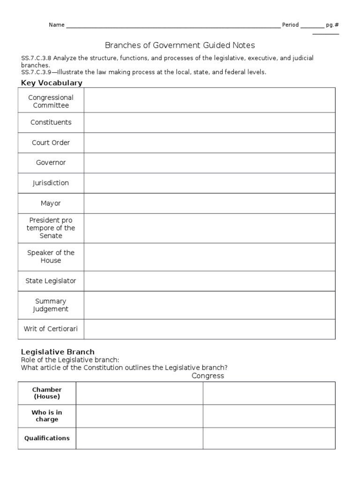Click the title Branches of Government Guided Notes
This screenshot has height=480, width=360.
pyautogui.click(x=180, y=45)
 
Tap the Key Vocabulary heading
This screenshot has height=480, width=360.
pyautogui.click(x=52, y=82)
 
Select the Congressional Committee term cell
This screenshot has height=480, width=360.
pyautogui.click(x=51, y=101)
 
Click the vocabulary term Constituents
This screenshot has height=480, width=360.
pyautogui.click(x=51, y=122)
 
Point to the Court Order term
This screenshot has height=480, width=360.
pyautogui.click(x=51, y=142)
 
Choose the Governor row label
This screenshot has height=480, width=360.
pyautogui.click(x=51, y=163)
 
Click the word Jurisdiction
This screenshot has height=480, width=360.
pyautogui.click(x=51, y=183)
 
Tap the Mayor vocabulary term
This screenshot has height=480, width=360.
pyautogui.click(x=51, y=203)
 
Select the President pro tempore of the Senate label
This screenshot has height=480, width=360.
pyautogui.click(x=51, y=228)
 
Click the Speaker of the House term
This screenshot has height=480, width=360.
pyautogui.click(x=51, y=256)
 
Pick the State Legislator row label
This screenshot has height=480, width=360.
pyautogui.click(x=51, y=281)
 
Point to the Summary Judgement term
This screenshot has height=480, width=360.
pyautogui.click(x=51, y=305)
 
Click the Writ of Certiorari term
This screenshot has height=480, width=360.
pyautogui.click(x=51, y=329)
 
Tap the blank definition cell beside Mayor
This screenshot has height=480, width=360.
pyautogui.click(x=210, y=203)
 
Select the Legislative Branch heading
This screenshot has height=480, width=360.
pyautogui.click(x=58, y=352)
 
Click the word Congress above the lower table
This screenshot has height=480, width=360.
pyautogui.click(x=208, y=376)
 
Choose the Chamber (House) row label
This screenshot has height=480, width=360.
pyautogui.click(x=47, y=393)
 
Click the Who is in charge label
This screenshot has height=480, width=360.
pyautogui.click(x=47, y=416)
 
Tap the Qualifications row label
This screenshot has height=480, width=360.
pyautogui.click(x=47, y=438)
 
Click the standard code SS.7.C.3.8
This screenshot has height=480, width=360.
pyautogui.click(x=37, y=58)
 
